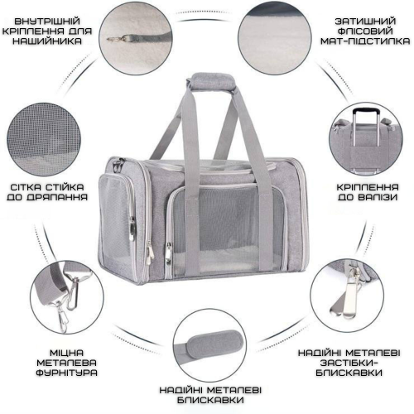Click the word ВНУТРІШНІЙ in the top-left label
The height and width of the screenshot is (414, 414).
[x=47, y=22]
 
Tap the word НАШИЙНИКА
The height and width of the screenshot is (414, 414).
[x=47, y=41]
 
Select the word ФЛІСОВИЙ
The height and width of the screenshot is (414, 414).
[x=365, y=31]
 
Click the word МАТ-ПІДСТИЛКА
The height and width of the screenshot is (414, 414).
[x=365, y=41]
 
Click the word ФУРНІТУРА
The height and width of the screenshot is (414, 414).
[x=66, y=373]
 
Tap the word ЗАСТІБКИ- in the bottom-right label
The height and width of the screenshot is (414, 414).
[x=349, y=363]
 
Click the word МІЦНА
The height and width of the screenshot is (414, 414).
[x=66, y=353]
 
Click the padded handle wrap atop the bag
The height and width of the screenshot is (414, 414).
[x=211, y=81]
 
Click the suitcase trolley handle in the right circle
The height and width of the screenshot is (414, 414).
[x=366, y=127]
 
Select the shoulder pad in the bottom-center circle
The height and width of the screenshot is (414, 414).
[x=214, y=346]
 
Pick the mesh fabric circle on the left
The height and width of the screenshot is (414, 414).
[x=44, y=139]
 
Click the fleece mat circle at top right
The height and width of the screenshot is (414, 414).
[x=275, y=38]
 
